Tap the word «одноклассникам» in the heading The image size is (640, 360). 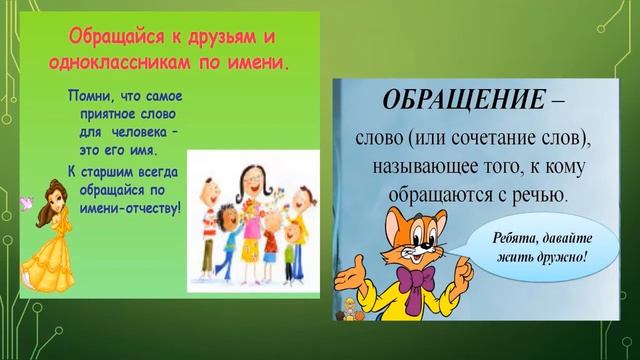pos(110,64)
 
